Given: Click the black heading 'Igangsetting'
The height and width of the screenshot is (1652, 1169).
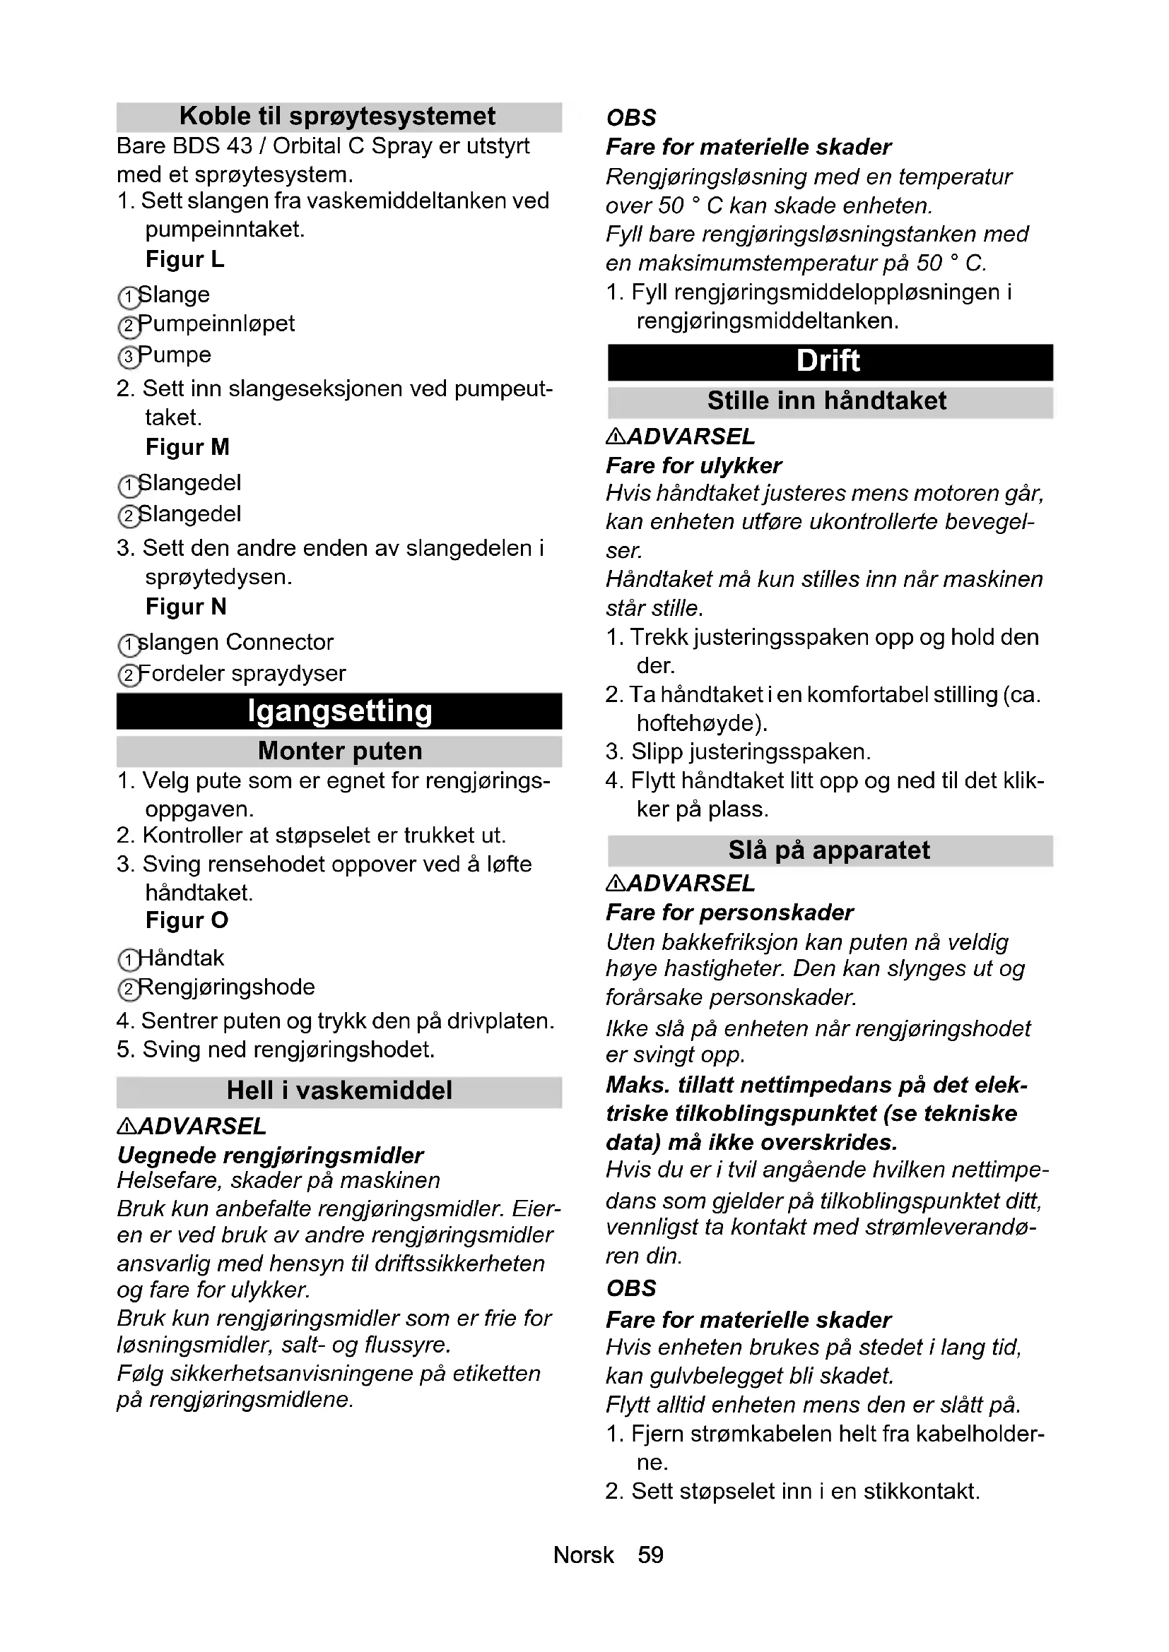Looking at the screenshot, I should [x=339, y=711].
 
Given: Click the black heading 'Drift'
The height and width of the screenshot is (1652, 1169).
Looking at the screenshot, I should [x=828, y=361].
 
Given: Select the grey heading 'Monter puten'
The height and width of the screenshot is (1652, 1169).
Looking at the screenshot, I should [x=339, y=751].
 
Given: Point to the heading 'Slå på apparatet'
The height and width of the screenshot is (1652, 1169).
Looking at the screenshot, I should [x=829, y=850].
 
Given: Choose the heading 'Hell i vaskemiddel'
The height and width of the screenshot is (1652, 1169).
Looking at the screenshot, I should [x=339, y=1091].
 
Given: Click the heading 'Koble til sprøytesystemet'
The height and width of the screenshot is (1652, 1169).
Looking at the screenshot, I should [x=338, y=117].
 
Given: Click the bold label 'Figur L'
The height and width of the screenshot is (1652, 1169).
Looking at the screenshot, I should [x=185, y=259].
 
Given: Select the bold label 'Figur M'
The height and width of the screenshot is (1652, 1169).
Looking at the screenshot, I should [x=187, y=447].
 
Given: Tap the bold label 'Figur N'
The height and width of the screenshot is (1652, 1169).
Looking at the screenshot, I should [x=186, y=607].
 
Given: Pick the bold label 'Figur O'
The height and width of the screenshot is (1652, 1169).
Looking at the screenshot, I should [x=187, y=920].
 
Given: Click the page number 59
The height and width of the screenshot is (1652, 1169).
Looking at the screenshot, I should [x=651, y=1555].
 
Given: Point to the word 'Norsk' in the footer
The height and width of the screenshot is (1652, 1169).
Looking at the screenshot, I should [x=583, y=1555].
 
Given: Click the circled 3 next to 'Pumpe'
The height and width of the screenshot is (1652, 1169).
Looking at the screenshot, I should [x=128, y=357].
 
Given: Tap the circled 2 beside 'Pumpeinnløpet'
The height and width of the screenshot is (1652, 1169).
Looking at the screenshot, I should [x=128, y=327].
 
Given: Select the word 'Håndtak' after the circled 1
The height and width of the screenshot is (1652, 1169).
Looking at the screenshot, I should [x=181, y=958].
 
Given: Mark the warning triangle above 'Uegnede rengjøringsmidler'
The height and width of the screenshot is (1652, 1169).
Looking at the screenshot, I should [x=126, y=1127].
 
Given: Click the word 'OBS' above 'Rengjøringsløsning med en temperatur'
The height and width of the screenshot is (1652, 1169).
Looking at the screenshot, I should [x=631, y=118].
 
